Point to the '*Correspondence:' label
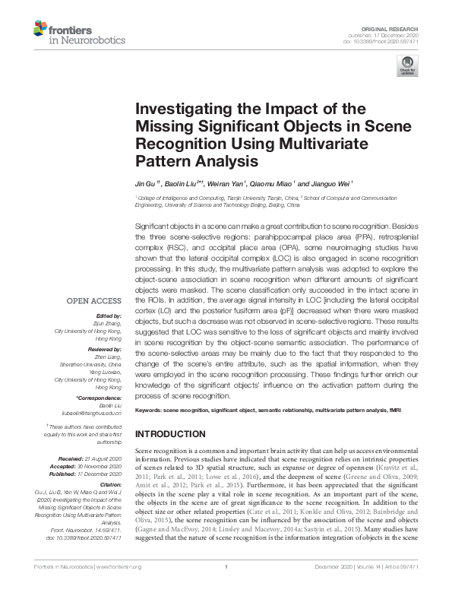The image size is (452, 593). tap(99, 398)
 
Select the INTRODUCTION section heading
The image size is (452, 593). tap(169, 433)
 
